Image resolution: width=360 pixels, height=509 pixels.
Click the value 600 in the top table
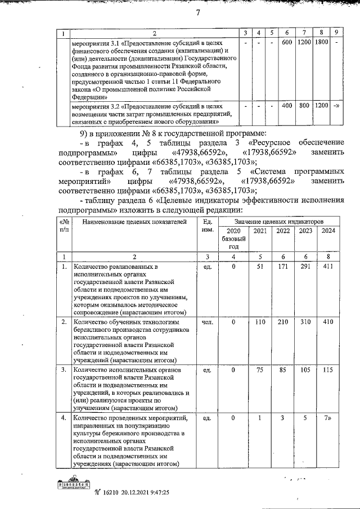pyautogui.click(x=286, y=42)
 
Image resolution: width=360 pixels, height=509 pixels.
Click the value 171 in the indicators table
pyautogui.click(x=282, y=267)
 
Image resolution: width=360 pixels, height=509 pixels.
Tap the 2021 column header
pyautogui.click(x=259, y=232)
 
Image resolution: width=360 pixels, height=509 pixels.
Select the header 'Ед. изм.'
pyautogui.click(x=206, y=227)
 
